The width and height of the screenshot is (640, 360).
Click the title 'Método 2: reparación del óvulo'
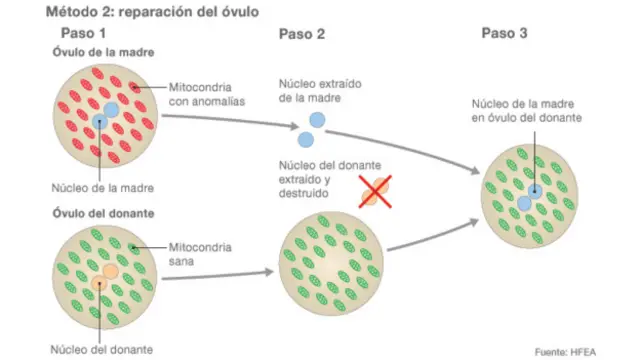click(139, 12)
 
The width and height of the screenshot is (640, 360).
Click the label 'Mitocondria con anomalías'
click(207, 95)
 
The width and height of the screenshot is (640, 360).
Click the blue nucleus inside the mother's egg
click(104, 117)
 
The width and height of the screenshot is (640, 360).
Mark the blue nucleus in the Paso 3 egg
click(530, 195)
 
